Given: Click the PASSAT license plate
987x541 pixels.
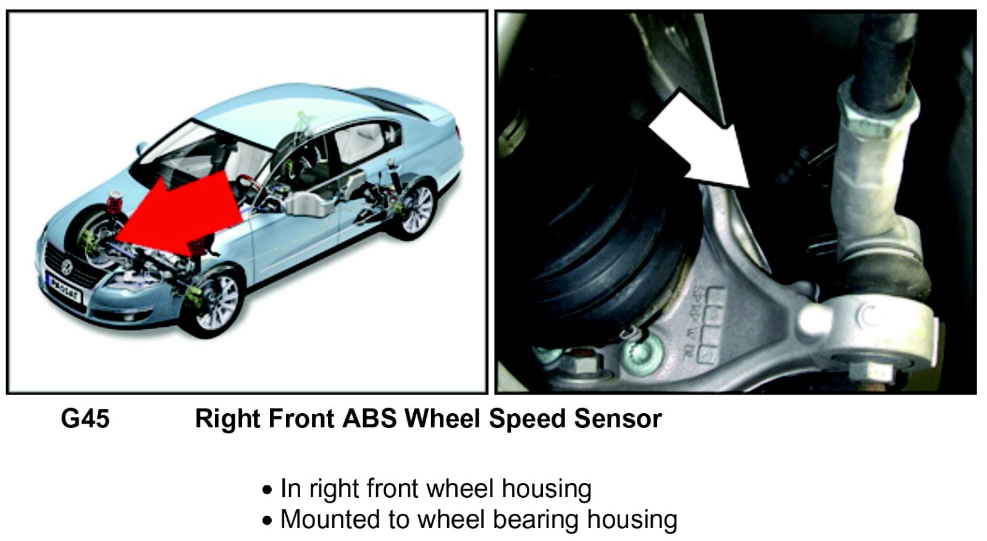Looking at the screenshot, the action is (x=65, y=290).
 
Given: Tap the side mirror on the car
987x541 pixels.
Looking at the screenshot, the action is (x=143, y=148).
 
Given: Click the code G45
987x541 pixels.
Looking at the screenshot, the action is (x=85, y=419).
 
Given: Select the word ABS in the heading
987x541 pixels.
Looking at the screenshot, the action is (x=369, y=419).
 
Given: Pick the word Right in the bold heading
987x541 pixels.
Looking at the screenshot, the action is (x=228, y=419).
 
